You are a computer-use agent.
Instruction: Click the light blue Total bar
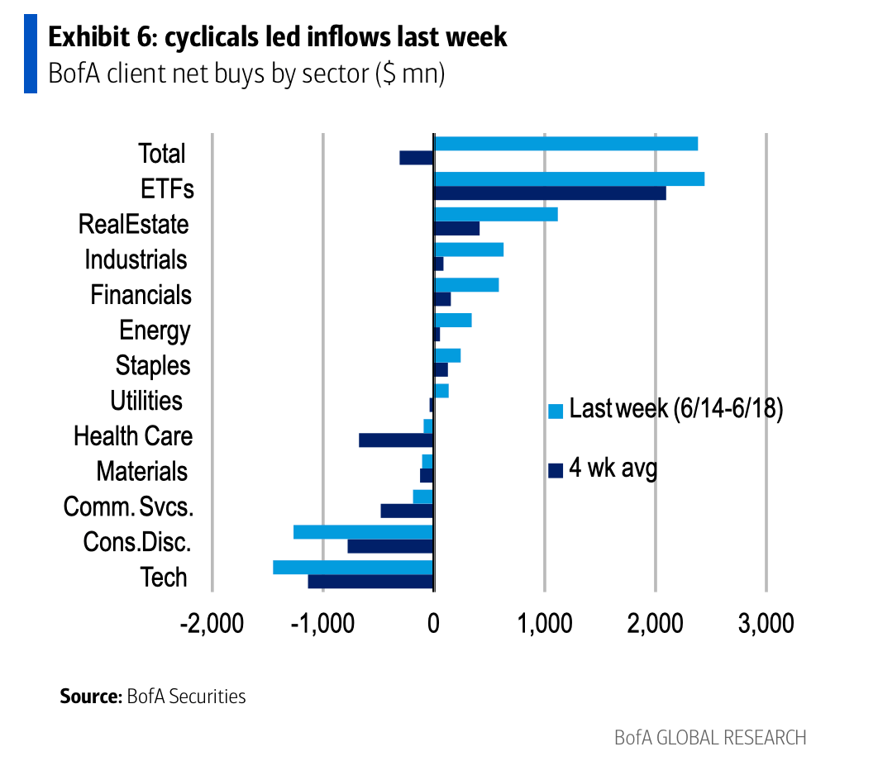coord(565,144)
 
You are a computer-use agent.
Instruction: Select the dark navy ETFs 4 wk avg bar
coord(550,193)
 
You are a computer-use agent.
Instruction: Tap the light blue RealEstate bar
coord(496,214)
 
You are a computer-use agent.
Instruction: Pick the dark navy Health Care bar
coord(396,440)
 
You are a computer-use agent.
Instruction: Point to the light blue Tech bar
coord(353,567)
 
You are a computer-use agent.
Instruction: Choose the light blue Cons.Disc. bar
coord(364,531)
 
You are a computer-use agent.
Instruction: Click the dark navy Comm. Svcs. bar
coord(407,511)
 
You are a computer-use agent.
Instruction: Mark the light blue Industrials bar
coord(469,250)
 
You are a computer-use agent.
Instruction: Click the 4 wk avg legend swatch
coord(556,470)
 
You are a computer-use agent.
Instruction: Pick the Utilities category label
coord(146,401)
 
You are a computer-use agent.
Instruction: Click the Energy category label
coord(155,331)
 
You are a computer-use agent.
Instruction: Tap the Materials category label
coord(141,472)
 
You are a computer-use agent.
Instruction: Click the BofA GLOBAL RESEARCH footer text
coord(710,737)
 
